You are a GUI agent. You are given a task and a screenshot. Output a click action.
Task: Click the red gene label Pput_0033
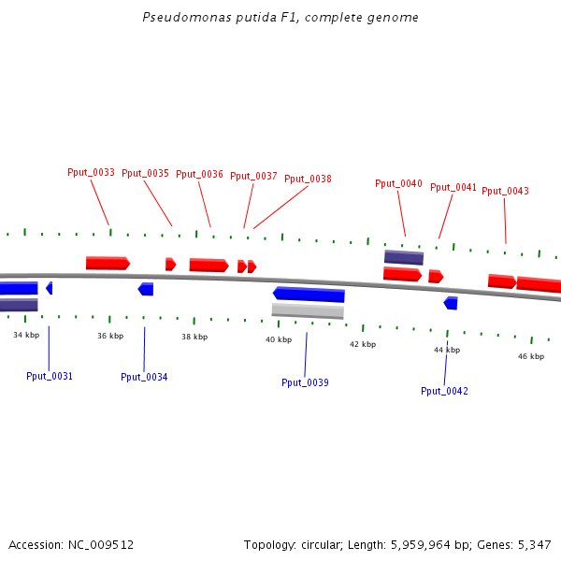(x=91, y=173)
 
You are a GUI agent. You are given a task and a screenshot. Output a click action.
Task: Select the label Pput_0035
(x=145, y=174)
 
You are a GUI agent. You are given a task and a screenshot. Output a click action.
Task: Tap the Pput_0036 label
(x=199, y=174)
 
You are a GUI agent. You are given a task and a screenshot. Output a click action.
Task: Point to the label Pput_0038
(x=308, y=180)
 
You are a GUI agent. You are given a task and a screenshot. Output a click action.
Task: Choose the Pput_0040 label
(x=398, y=184)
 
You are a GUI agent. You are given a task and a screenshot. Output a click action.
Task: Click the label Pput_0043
(x=505, y=192)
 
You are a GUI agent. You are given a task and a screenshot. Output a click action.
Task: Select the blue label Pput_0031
(x=50, y=377)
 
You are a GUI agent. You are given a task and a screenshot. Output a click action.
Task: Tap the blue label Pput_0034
(x=144, y=378)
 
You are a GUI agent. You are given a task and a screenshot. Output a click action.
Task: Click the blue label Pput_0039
(x=305, y=383)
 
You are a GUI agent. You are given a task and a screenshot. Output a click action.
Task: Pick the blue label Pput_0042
(x=444, y=391)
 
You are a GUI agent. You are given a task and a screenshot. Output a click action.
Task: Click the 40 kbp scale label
(x=279, y=339)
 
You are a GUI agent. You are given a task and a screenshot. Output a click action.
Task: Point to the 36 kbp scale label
(x=110, y=336)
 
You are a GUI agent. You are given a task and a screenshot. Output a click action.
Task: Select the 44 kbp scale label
(x=447, y=350)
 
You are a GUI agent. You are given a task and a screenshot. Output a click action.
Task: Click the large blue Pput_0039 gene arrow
(x=309, y=295)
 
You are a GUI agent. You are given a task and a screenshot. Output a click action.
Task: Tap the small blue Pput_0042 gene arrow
(x=451, y=303)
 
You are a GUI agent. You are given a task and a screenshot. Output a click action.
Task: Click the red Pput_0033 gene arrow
(x=108, y=264)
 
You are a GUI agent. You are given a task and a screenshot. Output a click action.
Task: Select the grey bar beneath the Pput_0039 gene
(x=308, y=310)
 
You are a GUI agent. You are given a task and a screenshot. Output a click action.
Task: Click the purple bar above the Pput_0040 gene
(x=404, y=257)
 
